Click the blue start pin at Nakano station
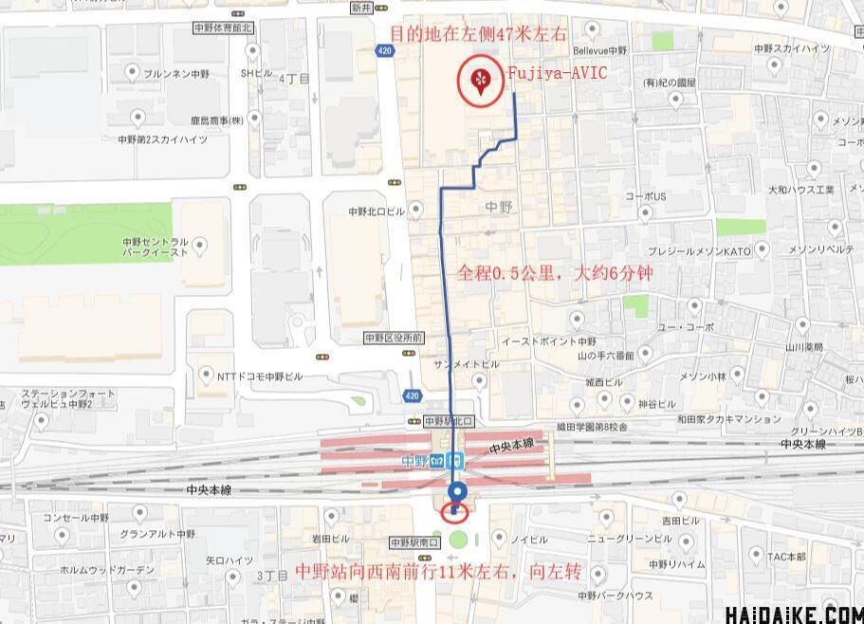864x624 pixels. [457, 493]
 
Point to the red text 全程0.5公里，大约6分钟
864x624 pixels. [555, 274]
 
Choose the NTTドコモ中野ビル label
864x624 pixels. [260, 376]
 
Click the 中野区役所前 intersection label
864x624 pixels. [393, 338]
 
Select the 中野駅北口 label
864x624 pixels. [449, 420]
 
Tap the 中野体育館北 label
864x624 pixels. [222, 30]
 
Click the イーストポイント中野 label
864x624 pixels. [549, 341]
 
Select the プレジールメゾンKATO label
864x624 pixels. [699, 251]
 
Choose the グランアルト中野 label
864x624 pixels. [156, 534]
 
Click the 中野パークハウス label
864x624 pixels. [616, 596]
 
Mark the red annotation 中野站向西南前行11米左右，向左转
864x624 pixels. [439, 573]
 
